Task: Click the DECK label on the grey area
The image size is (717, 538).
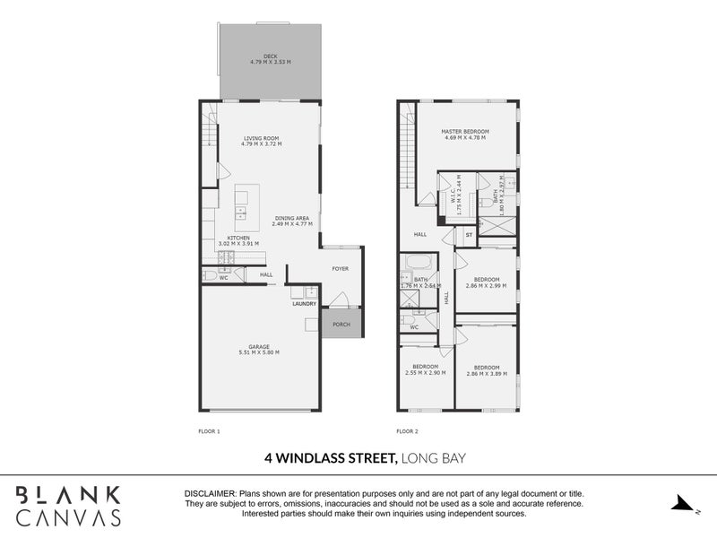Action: coord(270,56)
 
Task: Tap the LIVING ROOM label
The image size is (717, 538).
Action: coord(261,138)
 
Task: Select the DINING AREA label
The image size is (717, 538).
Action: coord(293,218)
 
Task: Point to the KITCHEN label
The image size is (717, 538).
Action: coord(238,238)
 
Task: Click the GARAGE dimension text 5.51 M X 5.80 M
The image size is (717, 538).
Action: coord(258,353)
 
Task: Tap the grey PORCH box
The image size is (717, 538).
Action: coord(341,324)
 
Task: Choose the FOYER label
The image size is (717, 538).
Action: coord(341,268)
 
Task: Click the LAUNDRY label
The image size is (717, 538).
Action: coord(304,304)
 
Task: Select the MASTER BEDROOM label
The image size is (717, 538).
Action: coord(463,132)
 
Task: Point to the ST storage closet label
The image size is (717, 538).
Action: coord(468,235)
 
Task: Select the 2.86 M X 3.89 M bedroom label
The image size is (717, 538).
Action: coord(487,370)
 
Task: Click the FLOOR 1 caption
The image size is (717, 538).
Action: coord(209,431)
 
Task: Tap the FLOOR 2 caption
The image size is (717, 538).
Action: coord(408,431)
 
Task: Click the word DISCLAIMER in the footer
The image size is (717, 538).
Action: coord(209,494)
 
